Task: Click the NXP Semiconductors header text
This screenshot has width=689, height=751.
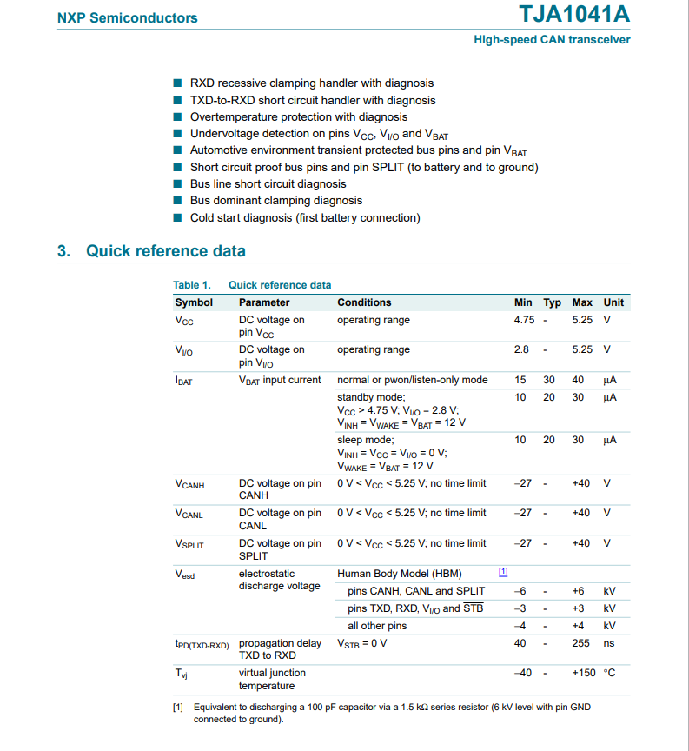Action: pos(127,17)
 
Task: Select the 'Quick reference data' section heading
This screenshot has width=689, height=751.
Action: pos(165,251)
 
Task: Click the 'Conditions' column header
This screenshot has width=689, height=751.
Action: pos(364,302)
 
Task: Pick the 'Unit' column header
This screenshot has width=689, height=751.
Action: pos(613,302)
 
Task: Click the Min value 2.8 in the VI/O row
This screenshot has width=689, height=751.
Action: pos(521,349)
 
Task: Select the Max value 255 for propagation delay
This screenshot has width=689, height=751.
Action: pos(581,643)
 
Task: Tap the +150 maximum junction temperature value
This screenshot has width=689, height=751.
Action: pos(581,673)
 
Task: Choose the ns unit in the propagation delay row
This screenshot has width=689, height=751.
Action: pos(608,643)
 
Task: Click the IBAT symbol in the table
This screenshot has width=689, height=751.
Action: pos(183,381)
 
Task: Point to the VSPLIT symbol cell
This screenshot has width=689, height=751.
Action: pos(189,544)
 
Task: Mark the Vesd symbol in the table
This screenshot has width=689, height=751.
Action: pos(184,574)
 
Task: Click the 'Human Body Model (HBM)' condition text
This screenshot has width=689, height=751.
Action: pos(399,574)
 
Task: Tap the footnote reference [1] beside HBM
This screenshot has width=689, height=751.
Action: pos(503,572)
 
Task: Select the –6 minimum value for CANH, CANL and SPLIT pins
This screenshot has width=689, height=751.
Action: pos(520,591)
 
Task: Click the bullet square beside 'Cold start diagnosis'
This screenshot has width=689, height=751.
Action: pos(178,217)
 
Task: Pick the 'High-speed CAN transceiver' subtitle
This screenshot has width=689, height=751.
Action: pos(552,40)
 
